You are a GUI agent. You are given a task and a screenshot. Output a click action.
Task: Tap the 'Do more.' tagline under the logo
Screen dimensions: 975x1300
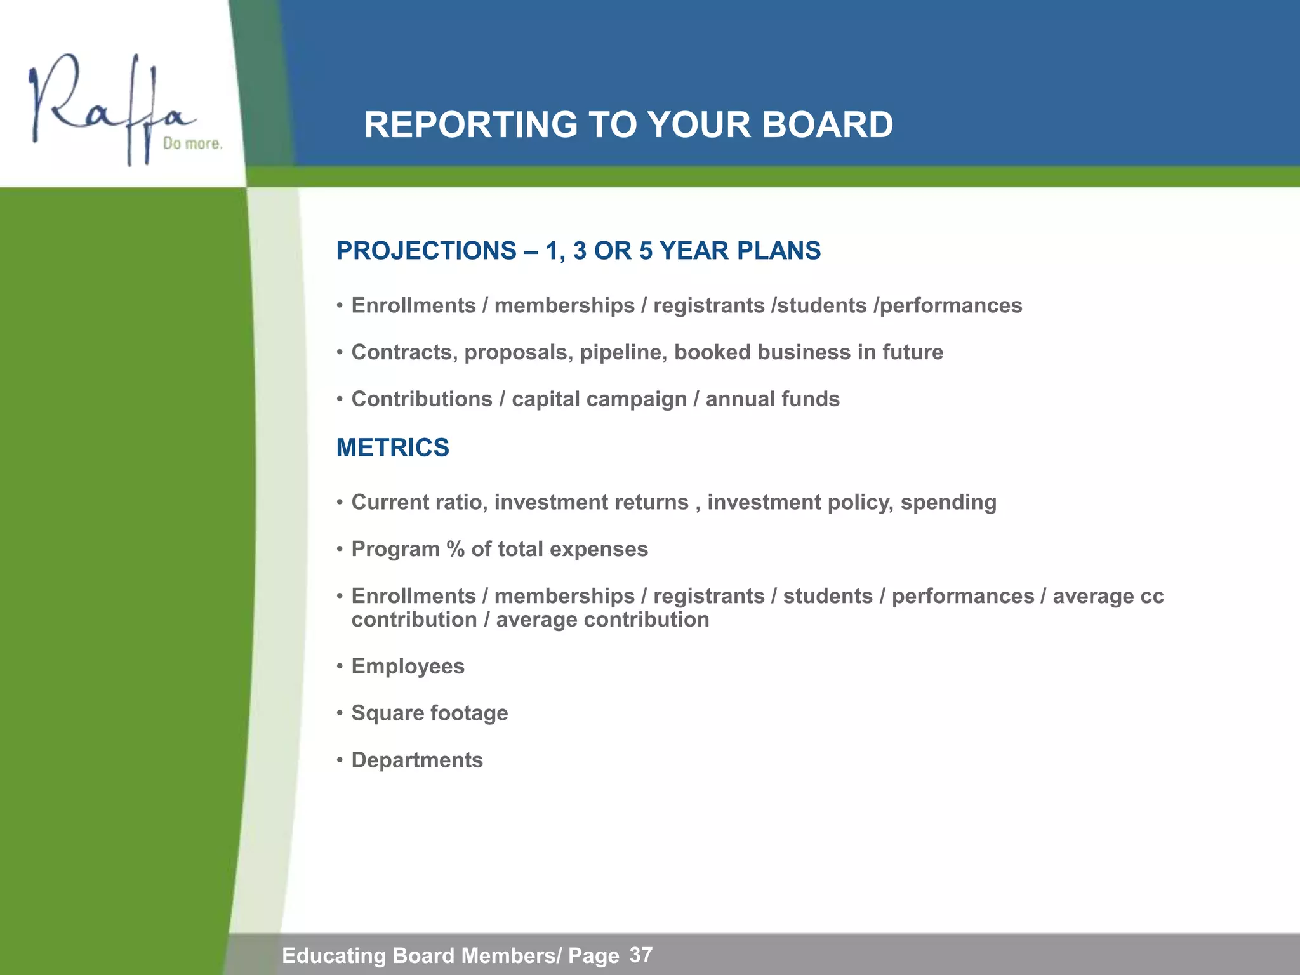pos(192,143)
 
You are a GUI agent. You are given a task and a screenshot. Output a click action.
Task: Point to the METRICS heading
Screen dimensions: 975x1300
pos(392,448)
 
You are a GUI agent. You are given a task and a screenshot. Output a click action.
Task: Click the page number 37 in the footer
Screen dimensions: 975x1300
pos(640,955)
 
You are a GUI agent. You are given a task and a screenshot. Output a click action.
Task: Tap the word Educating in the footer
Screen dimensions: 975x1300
pos(333,955)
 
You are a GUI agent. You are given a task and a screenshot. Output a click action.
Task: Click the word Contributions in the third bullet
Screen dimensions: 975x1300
pos(421,399)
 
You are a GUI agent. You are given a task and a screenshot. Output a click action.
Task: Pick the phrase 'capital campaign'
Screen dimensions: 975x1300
pos(599,399)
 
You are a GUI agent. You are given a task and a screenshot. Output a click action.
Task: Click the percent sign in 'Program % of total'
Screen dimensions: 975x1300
pos(455,549)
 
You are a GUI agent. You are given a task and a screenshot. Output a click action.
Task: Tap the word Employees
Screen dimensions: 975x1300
pos(408,667)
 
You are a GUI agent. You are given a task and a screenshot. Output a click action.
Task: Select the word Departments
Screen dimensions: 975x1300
pos(417,760)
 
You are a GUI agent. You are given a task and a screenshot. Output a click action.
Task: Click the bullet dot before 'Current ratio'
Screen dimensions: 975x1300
pos(340,503)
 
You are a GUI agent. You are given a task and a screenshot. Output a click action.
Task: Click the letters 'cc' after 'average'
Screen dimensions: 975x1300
pos(1151,597)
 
